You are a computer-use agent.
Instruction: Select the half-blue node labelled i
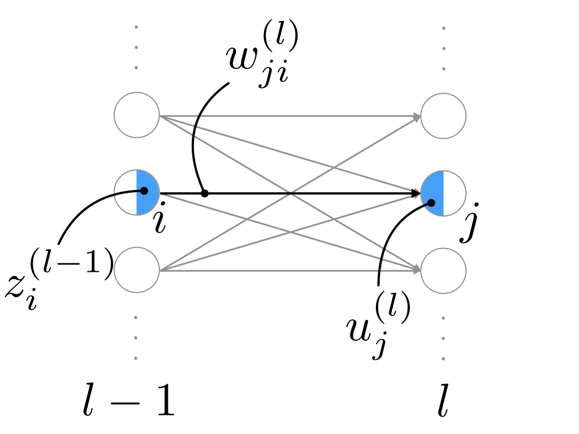click(x=137, y=193)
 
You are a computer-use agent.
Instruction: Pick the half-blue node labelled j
click(x=443, y=193)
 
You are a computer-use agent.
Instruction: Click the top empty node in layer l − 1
click(x=137, y=115)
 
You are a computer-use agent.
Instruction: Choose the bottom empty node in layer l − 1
click(x=137, y=270)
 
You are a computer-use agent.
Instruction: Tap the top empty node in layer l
click(x=443, y=116)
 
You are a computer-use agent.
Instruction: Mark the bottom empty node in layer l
click(x=443, y=270)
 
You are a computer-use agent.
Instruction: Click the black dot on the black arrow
click(x=205, y=193)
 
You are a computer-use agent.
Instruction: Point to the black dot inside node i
click(x=144, y=190)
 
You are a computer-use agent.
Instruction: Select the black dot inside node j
click(x=431, y=202)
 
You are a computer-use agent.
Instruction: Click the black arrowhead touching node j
click(x=416, y=193)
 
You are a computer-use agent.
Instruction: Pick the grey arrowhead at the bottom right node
click(x=417, y=270)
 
